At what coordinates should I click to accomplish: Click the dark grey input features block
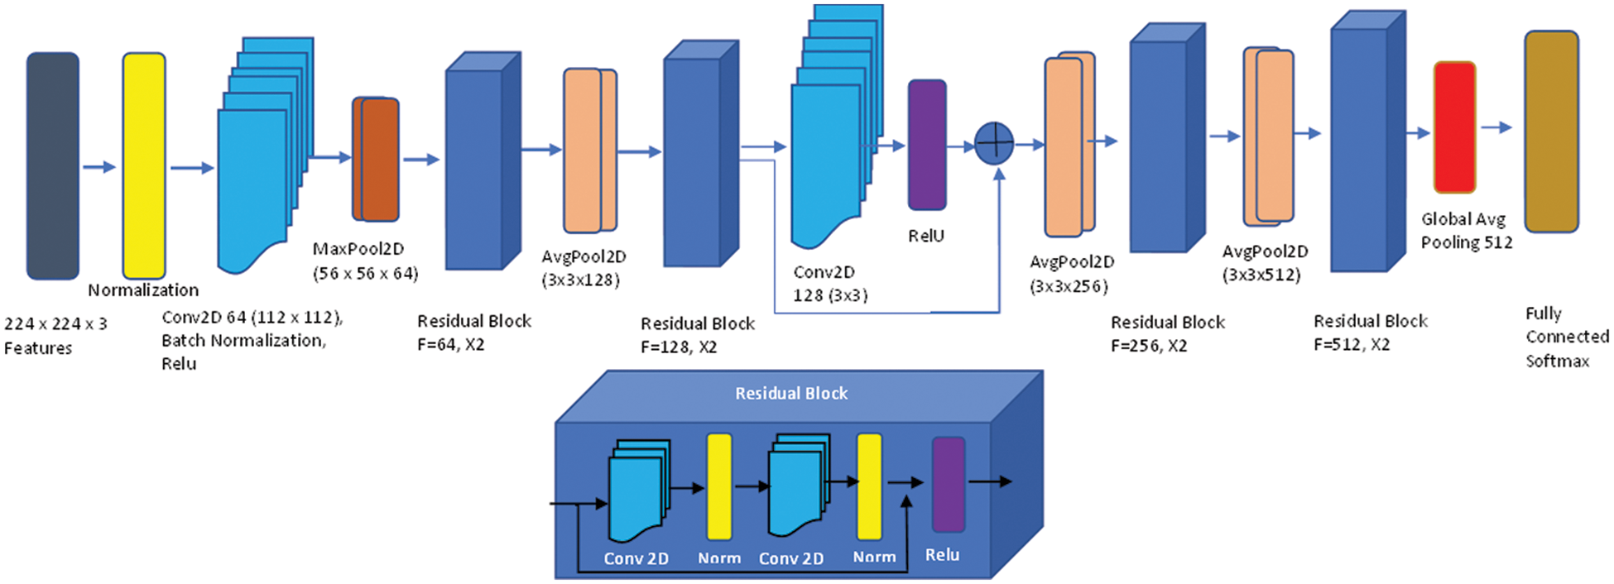pos(53,165)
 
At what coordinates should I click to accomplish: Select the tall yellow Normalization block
pos(144,165)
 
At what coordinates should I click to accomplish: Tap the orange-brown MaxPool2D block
pos(377,159)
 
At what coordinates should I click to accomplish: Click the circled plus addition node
pos(994,143)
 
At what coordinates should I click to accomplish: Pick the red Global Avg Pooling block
pos(1454,127)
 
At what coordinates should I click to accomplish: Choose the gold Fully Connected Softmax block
pos(1551,132)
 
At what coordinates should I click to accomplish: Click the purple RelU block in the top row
pos(927,145)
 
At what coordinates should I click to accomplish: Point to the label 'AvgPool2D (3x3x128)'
pos(583,268)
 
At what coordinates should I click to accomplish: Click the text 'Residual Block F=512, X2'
pos(1370,332)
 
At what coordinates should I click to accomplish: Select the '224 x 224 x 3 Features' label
pos(55,335)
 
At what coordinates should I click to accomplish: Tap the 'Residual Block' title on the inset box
pos(791,394)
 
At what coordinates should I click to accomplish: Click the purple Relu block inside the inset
pos(949,485)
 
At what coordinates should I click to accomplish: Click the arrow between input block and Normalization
pos(98,167)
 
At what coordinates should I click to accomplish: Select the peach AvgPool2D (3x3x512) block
pos(1269,136)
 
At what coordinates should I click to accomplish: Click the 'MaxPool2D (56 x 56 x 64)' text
pos(365,261)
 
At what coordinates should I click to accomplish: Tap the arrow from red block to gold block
pos(1496,127)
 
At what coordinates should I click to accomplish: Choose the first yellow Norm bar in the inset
pos(718,486)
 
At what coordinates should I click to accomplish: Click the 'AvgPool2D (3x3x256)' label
pos(1071,274)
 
